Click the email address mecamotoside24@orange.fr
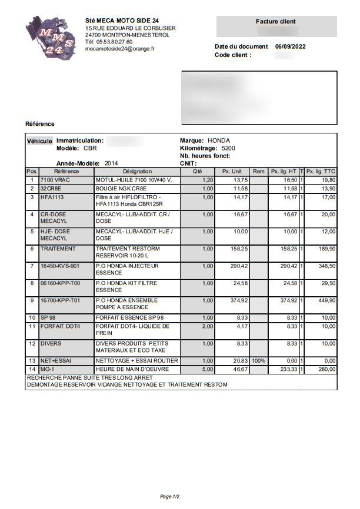pos(120,49)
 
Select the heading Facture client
pos(275,21)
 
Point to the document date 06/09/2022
pos(290,46)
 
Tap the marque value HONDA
pos(219,141)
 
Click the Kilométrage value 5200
pos(228,149)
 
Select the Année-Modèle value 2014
pos(111,163)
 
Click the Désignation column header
pos(137,172)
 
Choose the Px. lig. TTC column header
pos(321,172)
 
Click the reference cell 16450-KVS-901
pos(59,266)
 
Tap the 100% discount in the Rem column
pos(259,360)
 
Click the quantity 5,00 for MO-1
pos(207,369)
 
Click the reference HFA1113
pos(52,197)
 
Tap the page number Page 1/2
pos(171,497)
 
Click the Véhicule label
pos(39,142)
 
